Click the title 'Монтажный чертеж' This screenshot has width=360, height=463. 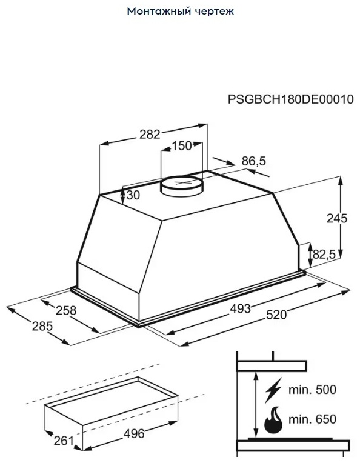[x=181, y=12]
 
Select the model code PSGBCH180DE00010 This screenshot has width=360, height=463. [x=290, y=99]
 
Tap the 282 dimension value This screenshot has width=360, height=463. [x=150, y=135]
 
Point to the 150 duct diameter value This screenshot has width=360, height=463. [x=182, y=145]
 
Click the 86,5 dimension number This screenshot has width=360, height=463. [x=254, y=161]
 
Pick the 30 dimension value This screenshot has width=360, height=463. [x=133, y=195]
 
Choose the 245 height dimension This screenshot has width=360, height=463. [x=337, y=218]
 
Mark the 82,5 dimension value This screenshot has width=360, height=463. [x=325, y=254]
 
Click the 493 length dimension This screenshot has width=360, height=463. [x=241, y=308]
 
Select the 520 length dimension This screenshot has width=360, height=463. [x=276, y=315]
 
